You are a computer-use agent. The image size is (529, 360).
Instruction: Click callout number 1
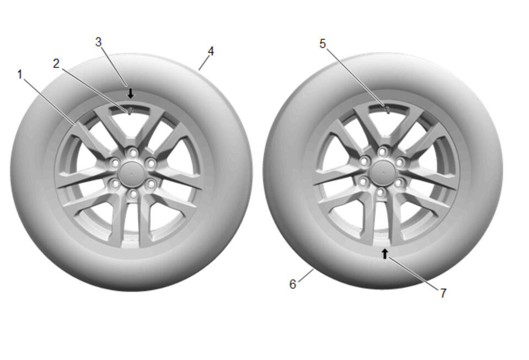(20, 74)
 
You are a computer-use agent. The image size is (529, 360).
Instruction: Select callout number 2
(56, 63)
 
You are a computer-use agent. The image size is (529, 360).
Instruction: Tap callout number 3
(98, 42)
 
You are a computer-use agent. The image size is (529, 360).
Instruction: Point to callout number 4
(211, 51)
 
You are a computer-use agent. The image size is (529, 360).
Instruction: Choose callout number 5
(323, 44)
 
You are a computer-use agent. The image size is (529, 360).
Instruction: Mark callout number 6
(292, 284)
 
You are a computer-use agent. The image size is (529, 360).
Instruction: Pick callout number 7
(443, 293)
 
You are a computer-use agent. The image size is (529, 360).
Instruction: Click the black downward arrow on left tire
(131, 93)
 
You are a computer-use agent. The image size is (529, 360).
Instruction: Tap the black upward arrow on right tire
(384, 254)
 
